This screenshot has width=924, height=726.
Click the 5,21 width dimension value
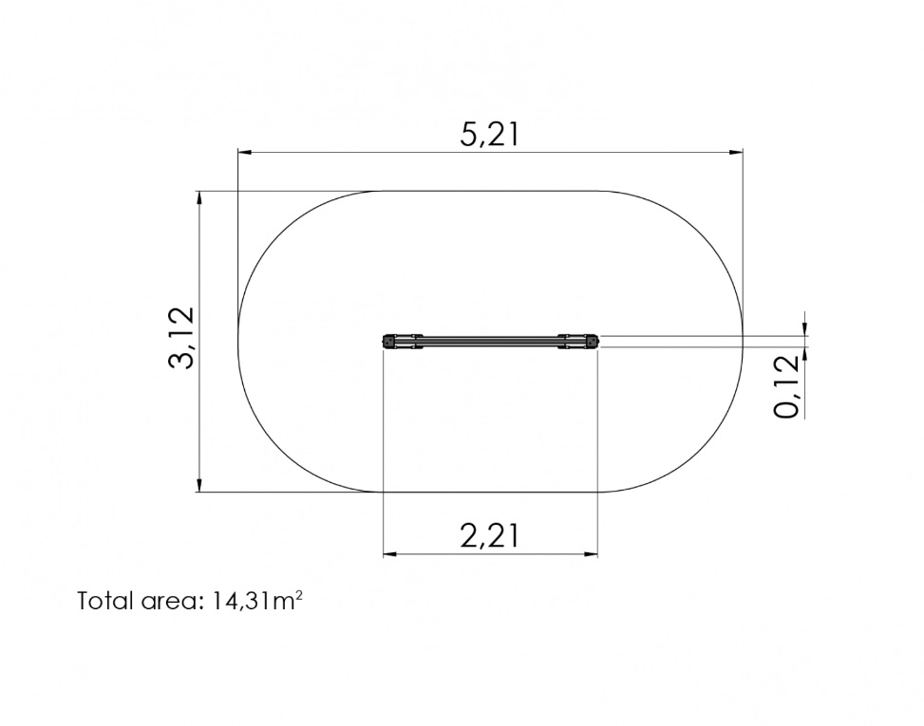[490, 135]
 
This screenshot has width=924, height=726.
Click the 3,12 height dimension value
[181, 338]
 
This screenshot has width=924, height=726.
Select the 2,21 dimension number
[490, 536]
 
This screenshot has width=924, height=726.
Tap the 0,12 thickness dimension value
[788, 387]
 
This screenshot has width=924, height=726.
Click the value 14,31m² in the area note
[256, 601]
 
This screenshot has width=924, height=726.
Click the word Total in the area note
[104, 601]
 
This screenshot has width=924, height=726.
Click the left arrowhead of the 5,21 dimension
[245, 153]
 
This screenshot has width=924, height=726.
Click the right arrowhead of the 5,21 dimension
[735, 153]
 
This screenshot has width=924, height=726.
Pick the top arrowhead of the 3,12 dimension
[199, 198]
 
